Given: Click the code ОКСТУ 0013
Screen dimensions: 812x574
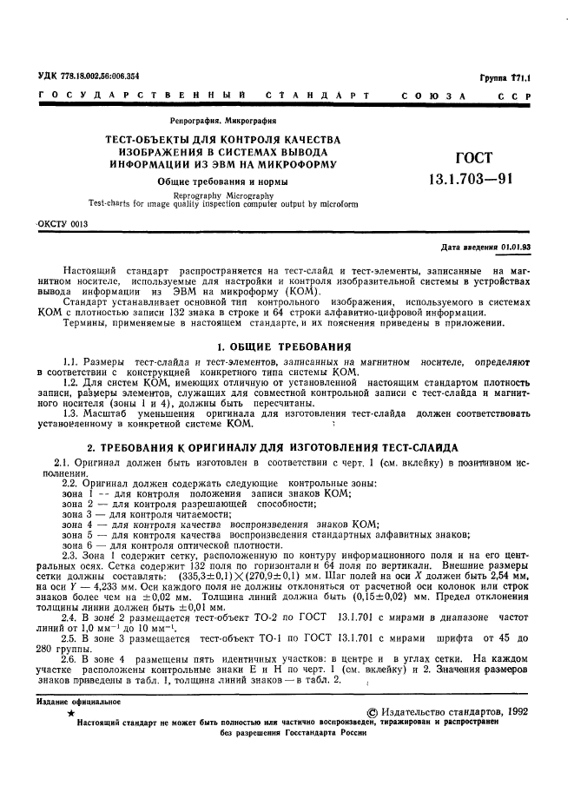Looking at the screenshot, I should [x=63, y=223].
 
